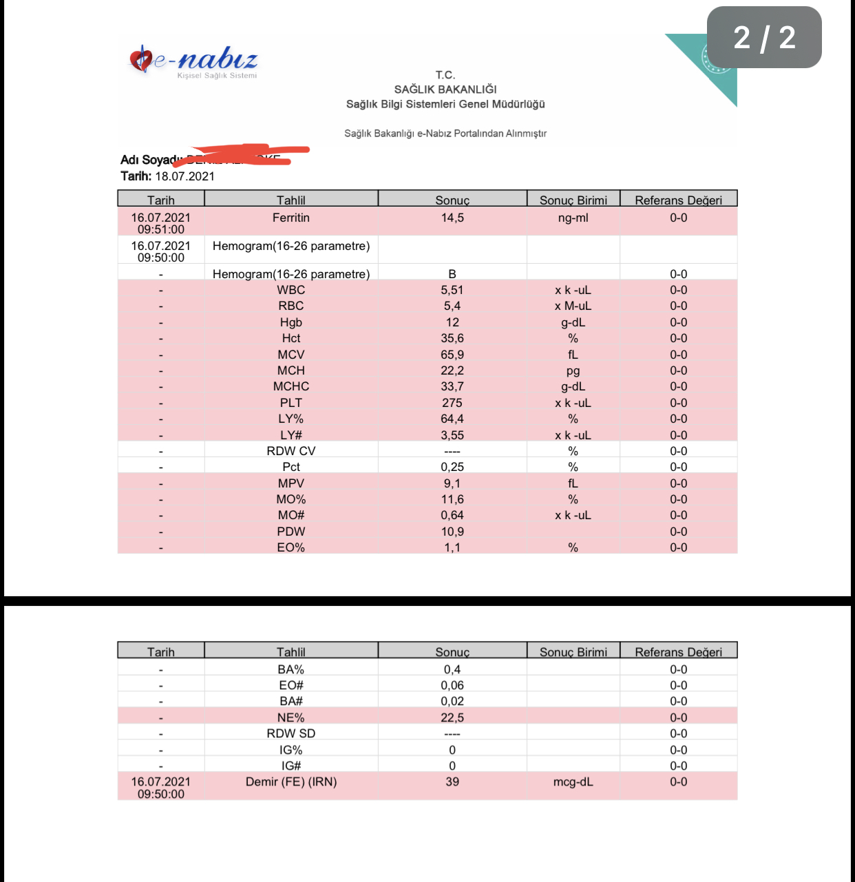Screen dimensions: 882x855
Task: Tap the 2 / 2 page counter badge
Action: click(764, 37)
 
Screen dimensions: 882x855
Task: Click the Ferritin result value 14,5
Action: click(452, 218)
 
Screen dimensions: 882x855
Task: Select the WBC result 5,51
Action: click(452, 291)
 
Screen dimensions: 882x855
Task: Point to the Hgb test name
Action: click(291, 322)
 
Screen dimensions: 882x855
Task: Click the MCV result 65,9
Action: click(452, 355)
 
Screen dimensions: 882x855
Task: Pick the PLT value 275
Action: click(452, 403)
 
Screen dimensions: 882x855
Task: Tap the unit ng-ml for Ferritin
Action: click(573, 218)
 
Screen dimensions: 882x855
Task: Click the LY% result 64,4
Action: click(452, 419)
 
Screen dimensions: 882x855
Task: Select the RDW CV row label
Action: click(291, 451)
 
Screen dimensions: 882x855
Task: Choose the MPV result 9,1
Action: click(452, 483)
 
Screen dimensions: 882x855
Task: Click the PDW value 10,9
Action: click(452, 532)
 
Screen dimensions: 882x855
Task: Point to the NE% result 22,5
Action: click(452, 717)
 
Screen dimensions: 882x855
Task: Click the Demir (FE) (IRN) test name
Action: click(291, 782)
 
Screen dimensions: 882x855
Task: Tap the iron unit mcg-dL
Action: click(573, 782)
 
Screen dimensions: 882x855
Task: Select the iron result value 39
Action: click(452, 782)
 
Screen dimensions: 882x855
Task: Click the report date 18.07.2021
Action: click(184, 176)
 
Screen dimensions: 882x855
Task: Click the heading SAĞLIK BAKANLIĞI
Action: click(445, 90)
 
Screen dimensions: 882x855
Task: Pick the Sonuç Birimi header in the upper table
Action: click(573, 200)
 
